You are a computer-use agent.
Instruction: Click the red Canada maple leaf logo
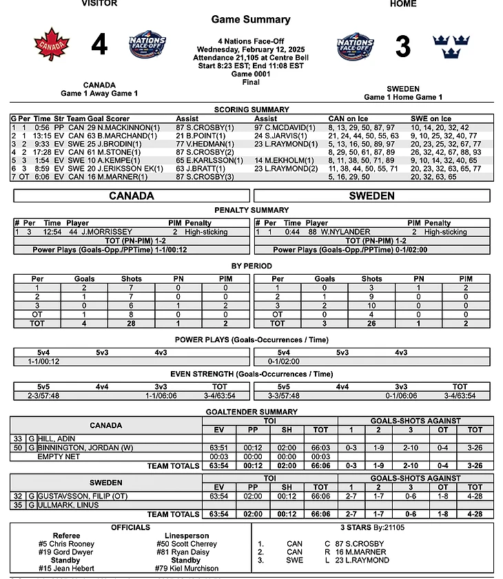pos(52,45)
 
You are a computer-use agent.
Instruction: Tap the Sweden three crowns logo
pos(451,45)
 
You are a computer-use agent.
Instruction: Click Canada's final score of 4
pos(99,45)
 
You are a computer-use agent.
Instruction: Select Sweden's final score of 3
pos(403,46)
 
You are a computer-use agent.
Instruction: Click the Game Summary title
pos(251,19)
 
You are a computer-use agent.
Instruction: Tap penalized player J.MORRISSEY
pos(105,232)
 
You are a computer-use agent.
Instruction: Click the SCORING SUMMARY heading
pos(251,109)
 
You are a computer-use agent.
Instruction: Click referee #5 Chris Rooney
pos(67,544)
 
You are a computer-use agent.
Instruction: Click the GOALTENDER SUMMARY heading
pos(251,411)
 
